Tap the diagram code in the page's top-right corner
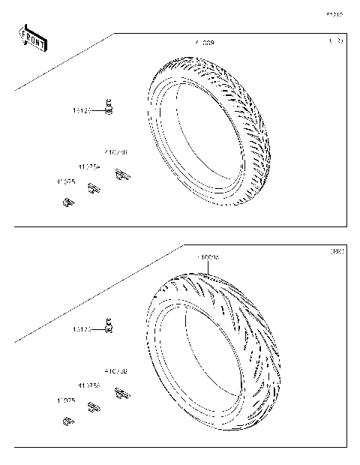tap(334, 14)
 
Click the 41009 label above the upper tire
tap(204, 43)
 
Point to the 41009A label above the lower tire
tap(208, 257)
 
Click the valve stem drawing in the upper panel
tap(111, 107)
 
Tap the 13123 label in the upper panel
tap(82, 111)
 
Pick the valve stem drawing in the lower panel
tap(111, 325)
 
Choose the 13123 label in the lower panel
tap(82, 329)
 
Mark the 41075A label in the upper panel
tap(88, 166)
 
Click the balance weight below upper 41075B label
tap(121, 175)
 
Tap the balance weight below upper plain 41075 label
tap(67, 201)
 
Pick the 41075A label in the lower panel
tap(88, 385)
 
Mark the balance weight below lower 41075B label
tap(121, 393)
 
